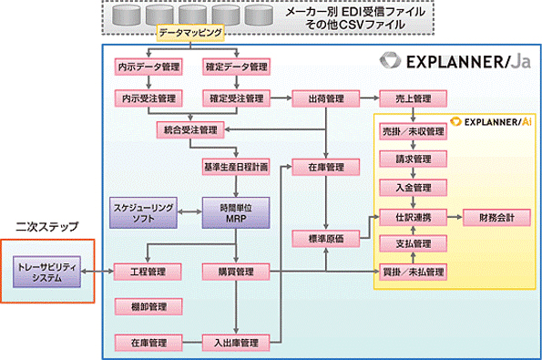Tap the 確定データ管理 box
(x=232, y=67)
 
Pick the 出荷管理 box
(x=322, y=97)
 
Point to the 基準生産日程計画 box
(x=236, y=167)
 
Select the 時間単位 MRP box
(x=235, y=211)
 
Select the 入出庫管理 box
(x=235, y=343)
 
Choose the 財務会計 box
(x=496, y=218)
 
